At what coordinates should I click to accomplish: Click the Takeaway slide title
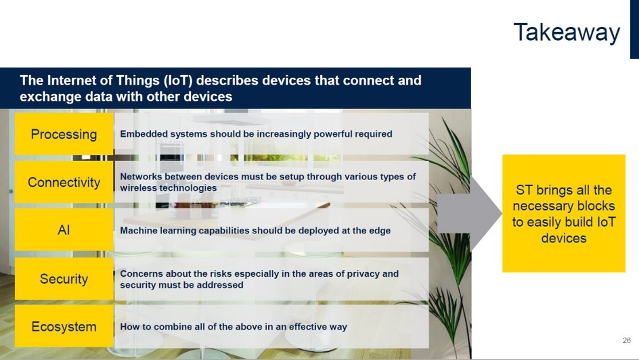pyautogui.click(x=566, y=33)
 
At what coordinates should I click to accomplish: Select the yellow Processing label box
pyautogui.click(x=64, y=134)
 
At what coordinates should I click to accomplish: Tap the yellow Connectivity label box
pyautogui.click(x=64, y=182)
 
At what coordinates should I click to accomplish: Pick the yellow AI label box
pyautogui.click(x=64, y=230)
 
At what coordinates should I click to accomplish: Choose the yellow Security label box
pyautogui.click(x=64, y=279)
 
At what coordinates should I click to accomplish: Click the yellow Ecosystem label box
pyautogui.click(x=64, y=327)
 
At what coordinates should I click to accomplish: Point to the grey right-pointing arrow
pyautogui.click(x=469, y=214)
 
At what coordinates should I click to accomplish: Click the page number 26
pyautogui.click(x=627, y=340)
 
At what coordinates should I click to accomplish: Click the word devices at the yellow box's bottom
pyautogui.click(x=563, y=238)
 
